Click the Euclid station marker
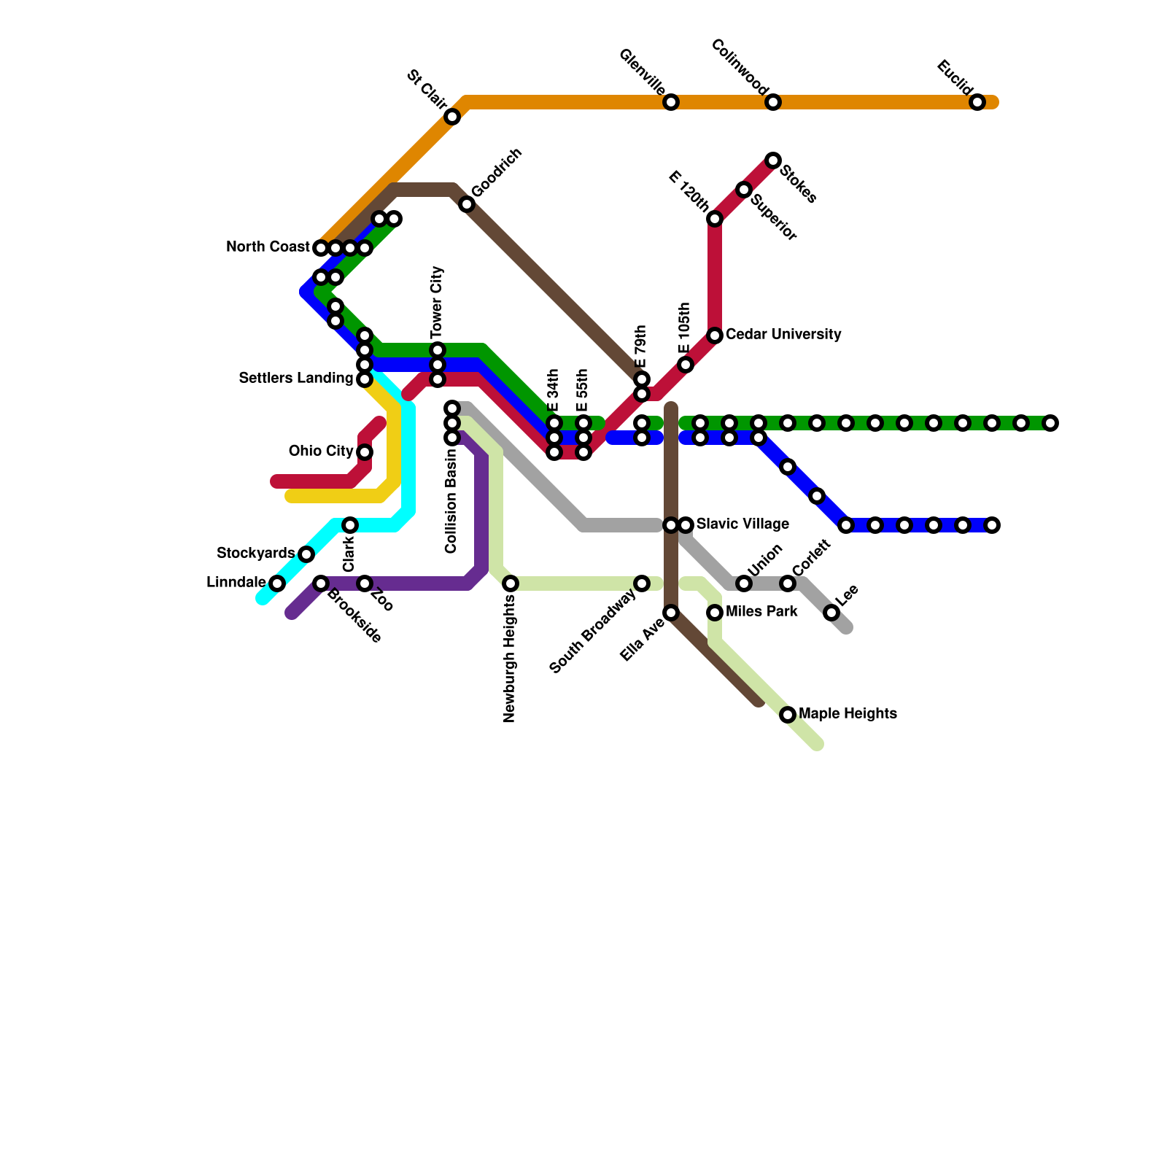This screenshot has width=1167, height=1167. click(x=977, y=103)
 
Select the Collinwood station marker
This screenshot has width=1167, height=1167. click(x=773, y=103)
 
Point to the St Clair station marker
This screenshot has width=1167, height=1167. click(x=452, y=117)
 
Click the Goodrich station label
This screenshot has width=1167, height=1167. click(x=497, y=173)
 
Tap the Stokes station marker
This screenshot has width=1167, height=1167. click(x=773, y=160)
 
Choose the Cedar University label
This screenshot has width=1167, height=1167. click(x=783, y=335)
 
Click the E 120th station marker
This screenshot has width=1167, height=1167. click(x=715, y=219)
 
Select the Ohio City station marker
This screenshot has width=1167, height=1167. click(x=365, y=452)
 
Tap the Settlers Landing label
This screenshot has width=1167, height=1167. click(x=296, y=379)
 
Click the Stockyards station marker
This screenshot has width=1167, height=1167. click(x=306, y=554)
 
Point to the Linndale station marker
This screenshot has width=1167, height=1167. click(x=277, y=583)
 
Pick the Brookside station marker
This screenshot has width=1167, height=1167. click(x=321, y=583)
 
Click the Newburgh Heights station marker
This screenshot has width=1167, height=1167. click(x=511, y=583)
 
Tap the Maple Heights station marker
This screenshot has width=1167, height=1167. click(x=788, y=715)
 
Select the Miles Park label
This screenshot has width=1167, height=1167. click(x=761, y=612)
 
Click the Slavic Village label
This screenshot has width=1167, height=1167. click(x=743, y=524)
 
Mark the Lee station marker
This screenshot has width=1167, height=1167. click(x=831, y=613)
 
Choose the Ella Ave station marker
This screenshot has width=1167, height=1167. click(x=671, y=613)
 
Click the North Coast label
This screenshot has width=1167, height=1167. click(x=268, y=247)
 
